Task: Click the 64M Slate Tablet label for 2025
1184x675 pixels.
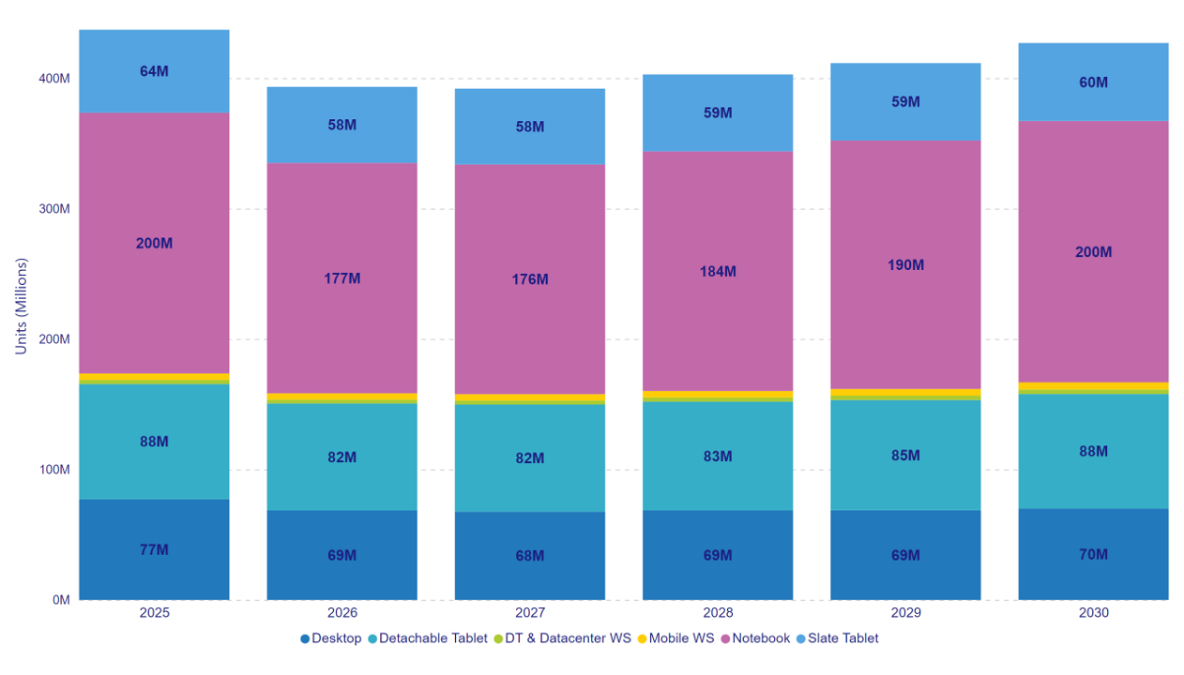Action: click(x=154, y=71)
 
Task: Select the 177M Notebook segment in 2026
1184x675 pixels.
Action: click(x=342, y=277)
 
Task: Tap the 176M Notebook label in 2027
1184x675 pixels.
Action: click(x=529, y=279)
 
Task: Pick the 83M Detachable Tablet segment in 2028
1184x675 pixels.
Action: click(x=717, y=457)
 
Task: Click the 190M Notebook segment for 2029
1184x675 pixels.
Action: click(x=904, y=264)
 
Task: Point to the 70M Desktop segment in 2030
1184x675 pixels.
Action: click(x=1093, y=554)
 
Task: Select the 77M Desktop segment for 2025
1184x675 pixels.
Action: click(x=154, y=549)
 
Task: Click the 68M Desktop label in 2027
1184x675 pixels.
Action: click(x=529, y=556)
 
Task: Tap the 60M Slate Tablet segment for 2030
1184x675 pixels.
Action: click(x=1093, y=82)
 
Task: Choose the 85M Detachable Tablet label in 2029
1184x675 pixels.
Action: click(x=904, y=456)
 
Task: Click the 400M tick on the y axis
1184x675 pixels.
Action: click(x=53, y=79)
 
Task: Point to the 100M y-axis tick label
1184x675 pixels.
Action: click(x=53, y=470)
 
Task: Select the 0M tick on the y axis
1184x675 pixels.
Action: click(x=59, y=600)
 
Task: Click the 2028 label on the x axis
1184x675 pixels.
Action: click(x=717, y=613)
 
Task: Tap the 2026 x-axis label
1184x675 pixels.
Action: click(x=342, y=613)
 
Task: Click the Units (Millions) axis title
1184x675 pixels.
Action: click(x=21, y=306)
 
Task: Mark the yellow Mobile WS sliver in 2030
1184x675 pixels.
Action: click(x=1093, y=385)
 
